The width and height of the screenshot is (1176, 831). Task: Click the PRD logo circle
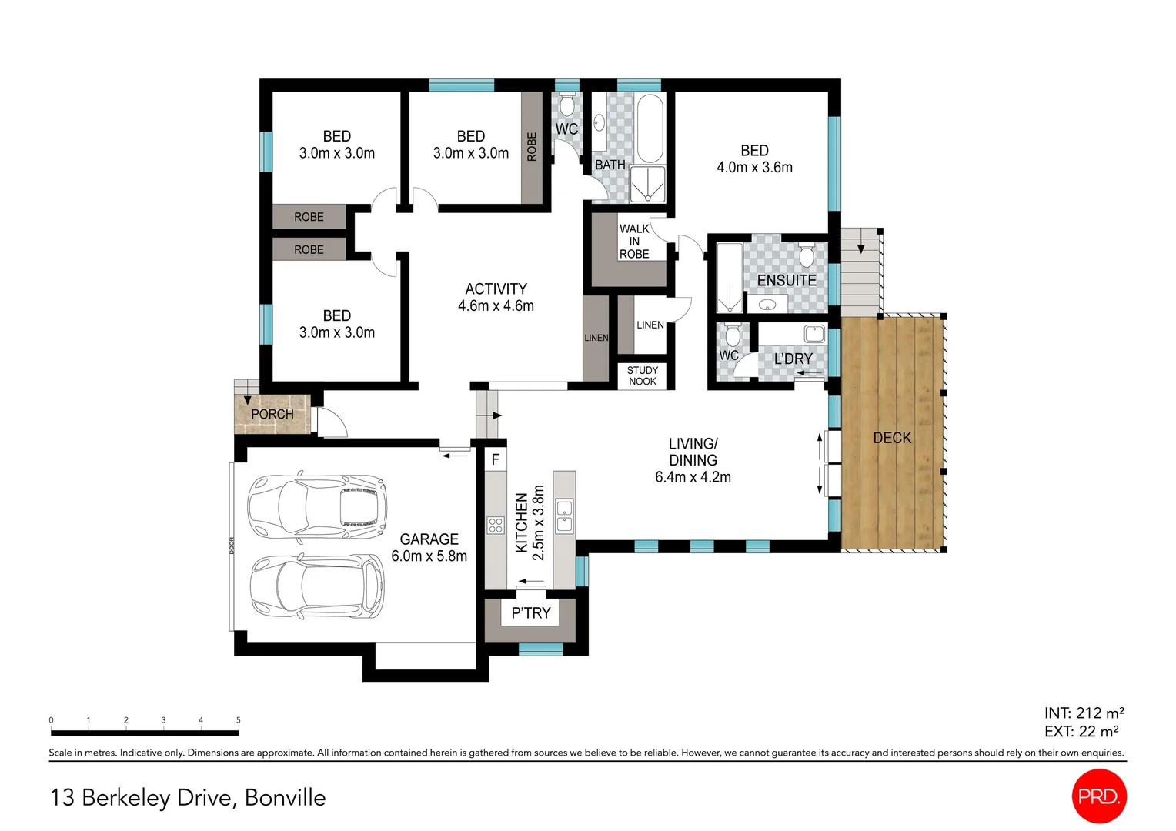point(1098,796)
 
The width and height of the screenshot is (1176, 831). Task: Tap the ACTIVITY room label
point(496,289)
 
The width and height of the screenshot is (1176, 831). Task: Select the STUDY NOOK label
point(642,375)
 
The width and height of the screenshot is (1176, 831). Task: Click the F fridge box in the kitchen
point(496,459)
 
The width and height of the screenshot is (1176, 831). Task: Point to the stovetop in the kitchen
point(496,526)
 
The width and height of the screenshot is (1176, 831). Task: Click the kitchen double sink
point(564,516)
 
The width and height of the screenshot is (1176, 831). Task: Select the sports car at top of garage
point(316,506)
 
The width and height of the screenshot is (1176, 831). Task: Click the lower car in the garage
point(316,586)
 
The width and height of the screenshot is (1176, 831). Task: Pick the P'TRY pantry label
point(530,613)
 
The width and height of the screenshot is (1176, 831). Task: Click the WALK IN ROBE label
point(634,241)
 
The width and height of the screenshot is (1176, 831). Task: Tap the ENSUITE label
point(786,281)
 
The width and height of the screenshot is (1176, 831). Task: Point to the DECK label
point(892,438)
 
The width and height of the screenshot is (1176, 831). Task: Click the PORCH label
point(272,414)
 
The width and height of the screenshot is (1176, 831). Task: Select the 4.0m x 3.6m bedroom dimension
point(754,168)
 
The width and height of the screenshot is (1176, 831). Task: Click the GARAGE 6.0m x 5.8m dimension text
point(429,556)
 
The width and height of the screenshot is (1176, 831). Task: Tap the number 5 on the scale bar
point(238,720)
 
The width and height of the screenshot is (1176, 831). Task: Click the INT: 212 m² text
point(1084,713)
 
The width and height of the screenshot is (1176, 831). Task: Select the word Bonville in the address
point(285,798)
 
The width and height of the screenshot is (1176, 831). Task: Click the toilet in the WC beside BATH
point(567,105)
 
